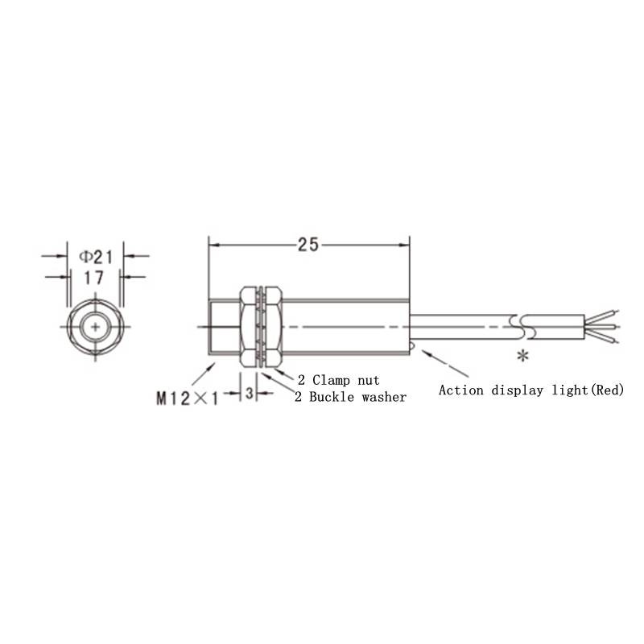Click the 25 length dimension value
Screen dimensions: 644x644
pos(308,245)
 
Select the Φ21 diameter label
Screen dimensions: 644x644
pos(96,258)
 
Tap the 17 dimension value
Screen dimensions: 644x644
pos(94,278)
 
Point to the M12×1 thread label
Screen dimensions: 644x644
pos(187,398)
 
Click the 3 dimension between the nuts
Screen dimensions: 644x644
pos(250,393)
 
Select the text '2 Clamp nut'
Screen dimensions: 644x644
pos(339,380)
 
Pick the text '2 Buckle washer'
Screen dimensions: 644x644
pos(350,397)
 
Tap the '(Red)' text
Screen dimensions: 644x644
pos(607,390)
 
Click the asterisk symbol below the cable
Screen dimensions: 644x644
pos(522,356)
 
